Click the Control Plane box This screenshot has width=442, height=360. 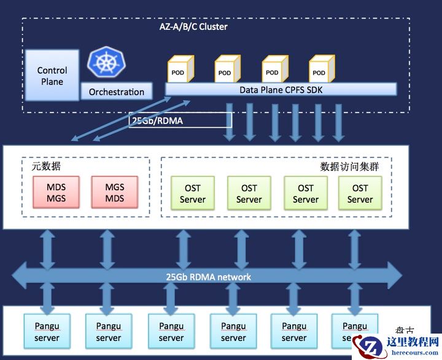click(52, 76)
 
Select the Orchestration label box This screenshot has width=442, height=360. click(117, 92)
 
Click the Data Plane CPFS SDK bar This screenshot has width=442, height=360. click(281, 90)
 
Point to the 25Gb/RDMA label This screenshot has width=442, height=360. click(157, 121)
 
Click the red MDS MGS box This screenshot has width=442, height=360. click(56, 192)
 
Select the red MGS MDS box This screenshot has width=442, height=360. click(114, 192)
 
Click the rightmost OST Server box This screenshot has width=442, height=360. click(360, 194)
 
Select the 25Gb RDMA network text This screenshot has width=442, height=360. click(209, 277)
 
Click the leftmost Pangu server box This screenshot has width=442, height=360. click(47, 332)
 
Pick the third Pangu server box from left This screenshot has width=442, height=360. click(171, 332)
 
